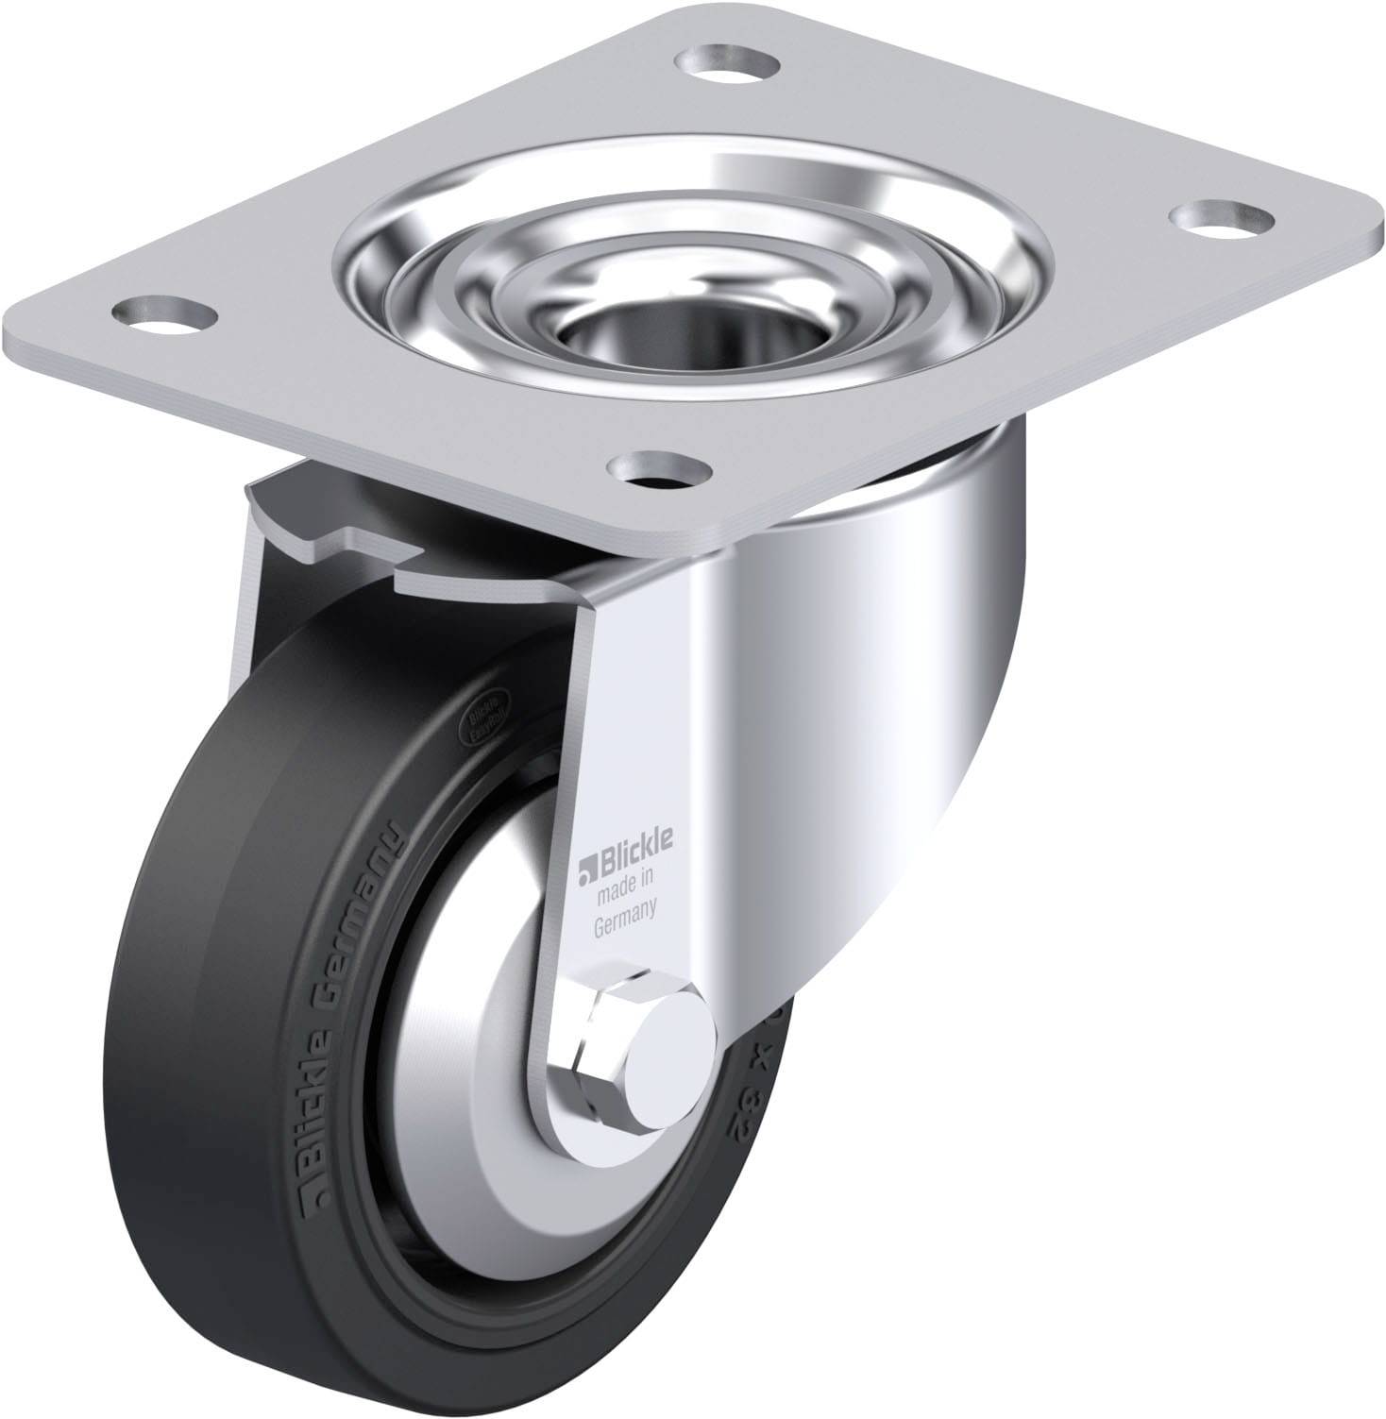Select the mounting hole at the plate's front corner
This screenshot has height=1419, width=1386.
[x=657, y=466]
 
